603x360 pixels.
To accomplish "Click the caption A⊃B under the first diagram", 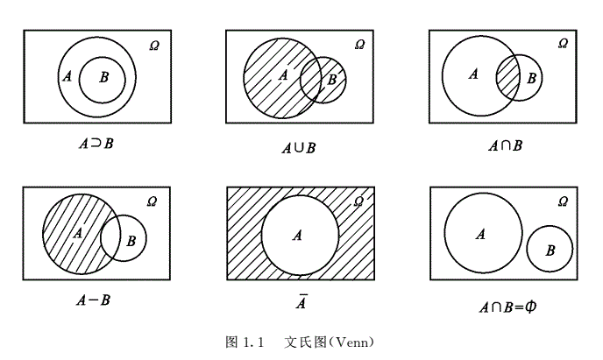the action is (x=96, y=142).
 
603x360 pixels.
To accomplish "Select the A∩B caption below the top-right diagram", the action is (x=505, y=145).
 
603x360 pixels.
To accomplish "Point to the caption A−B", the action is (x=93, y=300).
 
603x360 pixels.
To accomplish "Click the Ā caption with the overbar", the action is (x=299, y=302).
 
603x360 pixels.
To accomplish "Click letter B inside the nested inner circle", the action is (x=103, y=78).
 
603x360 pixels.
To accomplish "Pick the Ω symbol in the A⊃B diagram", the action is (x=156, y=43).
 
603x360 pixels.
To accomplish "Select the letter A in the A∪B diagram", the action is (x=282, y=75).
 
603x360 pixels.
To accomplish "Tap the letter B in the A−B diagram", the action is (x=131, y=240).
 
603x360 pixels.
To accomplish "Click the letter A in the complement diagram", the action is (x=298, y=235).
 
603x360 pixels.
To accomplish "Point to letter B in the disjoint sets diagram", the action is (x=550, y=251).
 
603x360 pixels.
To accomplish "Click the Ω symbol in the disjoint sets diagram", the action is (x=562, y=201).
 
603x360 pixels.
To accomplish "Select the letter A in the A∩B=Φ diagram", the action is (x=479, y=234).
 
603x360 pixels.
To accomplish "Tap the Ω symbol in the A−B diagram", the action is (x=152, y=201).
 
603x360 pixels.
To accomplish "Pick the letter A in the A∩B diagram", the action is (x=473, y=74).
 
